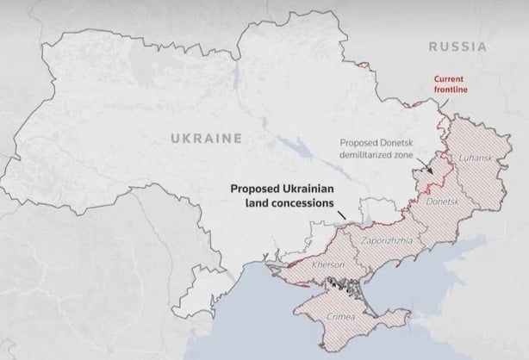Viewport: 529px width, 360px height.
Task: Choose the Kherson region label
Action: [x=328, y=264]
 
